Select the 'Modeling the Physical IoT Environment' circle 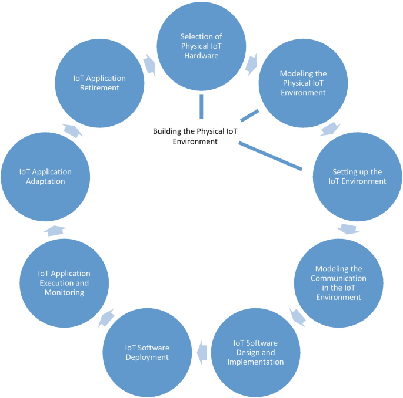click(x=303, y=83)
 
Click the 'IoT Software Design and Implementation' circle click(x=255, y=352)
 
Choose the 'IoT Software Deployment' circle click(x=147, y=352)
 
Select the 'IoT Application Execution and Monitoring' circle click(x=64, y=283)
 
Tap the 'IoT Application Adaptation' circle click(x=45, y=176)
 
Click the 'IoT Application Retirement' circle click(x=99, y=83)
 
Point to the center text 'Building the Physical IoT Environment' click(x=195, y=136)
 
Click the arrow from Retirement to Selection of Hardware click(x=149, y=63)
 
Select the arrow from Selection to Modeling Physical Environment click(x=252, y=63)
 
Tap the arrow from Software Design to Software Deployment click(x=201, y=352)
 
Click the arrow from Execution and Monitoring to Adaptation click(x=54, y=230)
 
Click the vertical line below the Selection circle click(x=201, y=106)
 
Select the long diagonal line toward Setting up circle click(x=270, y=156)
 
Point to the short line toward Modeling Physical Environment click(x=250, y=115)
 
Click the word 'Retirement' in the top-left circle click(x=99, y=87)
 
